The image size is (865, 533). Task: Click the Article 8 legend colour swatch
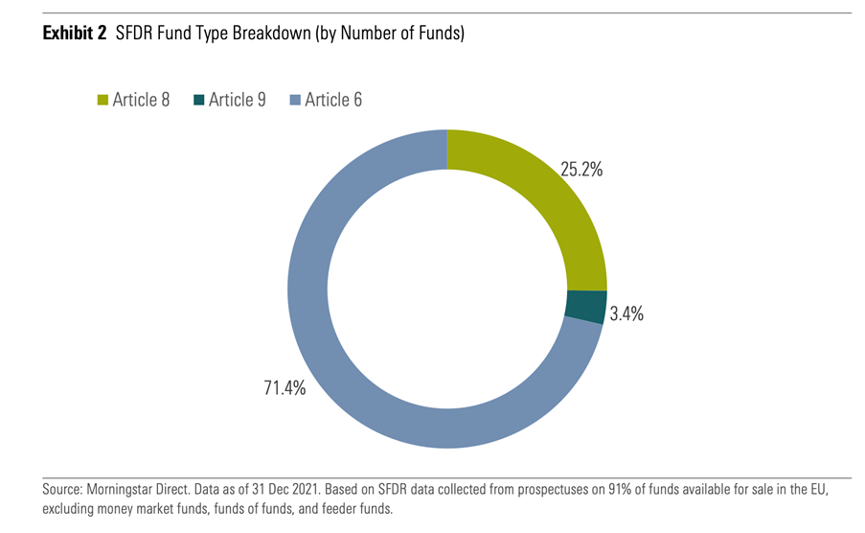pos(102,100)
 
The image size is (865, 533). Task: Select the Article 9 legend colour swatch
pos(198,100)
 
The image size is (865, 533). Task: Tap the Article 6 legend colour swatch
pos(295,100)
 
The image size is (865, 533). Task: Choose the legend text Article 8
pos(141,100)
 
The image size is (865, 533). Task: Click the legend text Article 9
pos(238,100)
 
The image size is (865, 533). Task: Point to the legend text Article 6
pos(333,100)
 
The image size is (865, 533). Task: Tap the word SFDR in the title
pos(135,35)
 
